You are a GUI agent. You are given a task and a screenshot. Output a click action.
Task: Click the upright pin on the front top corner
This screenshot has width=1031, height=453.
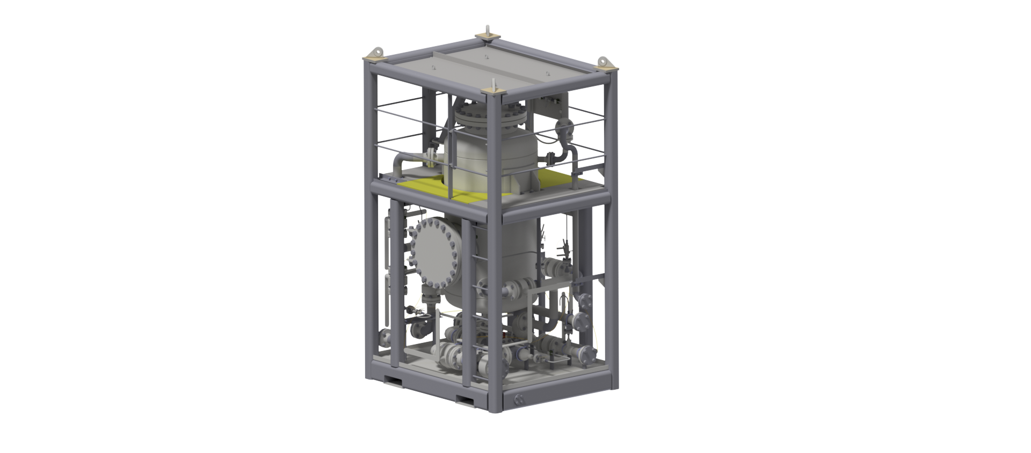pyautogui.click(x=493, y=87)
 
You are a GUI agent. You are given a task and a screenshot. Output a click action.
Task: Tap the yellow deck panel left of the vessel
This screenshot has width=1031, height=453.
pyautogui.click(x=424, y=187)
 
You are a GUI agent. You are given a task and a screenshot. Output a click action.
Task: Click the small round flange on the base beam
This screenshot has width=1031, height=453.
pyautogui.click(x=519, y=399)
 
